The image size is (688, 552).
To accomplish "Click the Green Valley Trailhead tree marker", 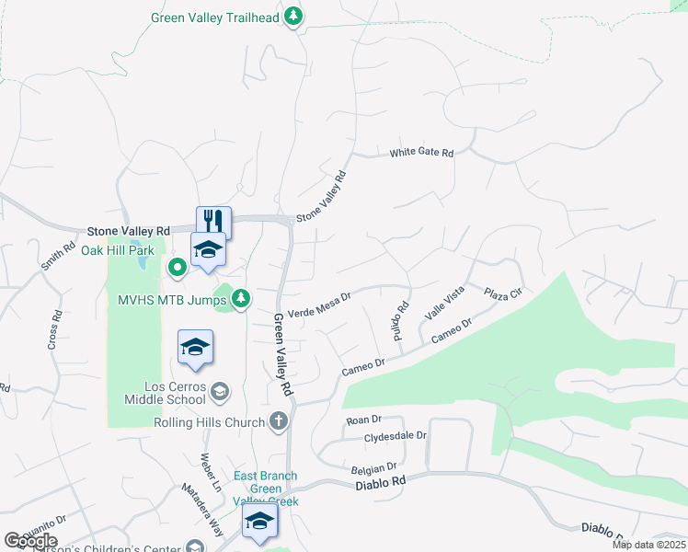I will (293, 17).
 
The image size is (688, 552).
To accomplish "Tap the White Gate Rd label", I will (422, 153).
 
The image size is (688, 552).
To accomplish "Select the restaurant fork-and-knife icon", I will (213, 221).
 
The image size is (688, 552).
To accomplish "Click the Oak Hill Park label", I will (118, 250).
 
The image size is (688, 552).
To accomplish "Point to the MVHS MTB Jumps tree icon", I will (240, 298).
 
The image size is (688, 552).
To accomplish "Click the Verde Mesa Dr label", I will (321, 305).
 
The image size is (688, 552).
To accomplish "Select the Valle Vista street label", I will (444, 302).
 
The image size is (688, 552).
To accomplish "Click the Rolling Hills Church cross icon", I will (280, 420).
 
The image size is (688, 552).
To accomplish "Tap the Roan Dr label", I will (357, 420).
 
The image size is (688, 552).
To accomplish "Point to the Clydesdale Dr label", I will (396, 436).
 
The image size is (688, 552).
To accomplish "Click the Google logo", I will (30, 541).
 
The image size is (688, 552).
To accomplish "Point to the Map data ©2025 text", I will (648, 545).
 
